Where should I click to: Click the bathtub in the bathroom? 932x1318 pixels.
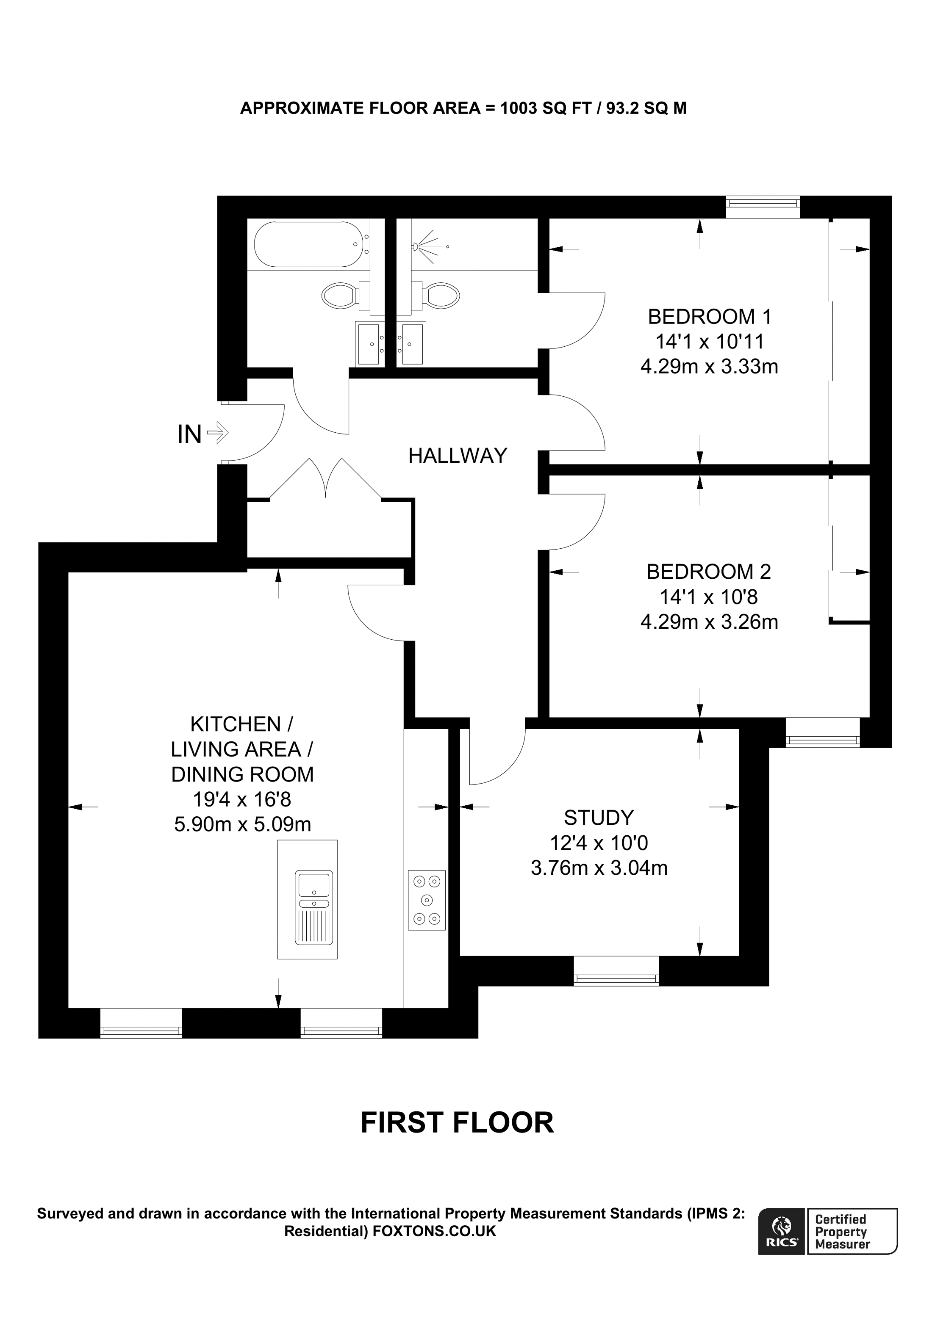coord(309,245)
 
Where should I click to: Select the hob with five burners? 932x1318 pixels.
coord(427,900)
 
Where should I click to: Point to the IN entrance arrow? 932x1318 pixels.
coord(217,432)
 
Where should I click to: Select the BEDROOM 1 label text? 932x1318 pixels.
coord(709,317)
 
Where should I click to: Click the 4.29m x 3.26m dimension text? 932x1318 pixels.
coord(709,622)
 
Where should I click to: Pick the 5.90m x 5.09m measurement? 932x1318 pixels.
coord(242,825)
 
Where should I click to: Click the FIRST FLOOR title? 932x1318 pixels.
coord(457,1123)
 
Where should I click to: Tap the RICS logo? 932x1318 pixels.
coord(781,1238)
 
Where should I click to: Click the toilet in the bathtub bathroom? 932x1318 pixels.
coord(339,296)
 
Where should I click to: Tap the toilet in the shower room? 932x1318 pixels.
coord(442,295)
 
